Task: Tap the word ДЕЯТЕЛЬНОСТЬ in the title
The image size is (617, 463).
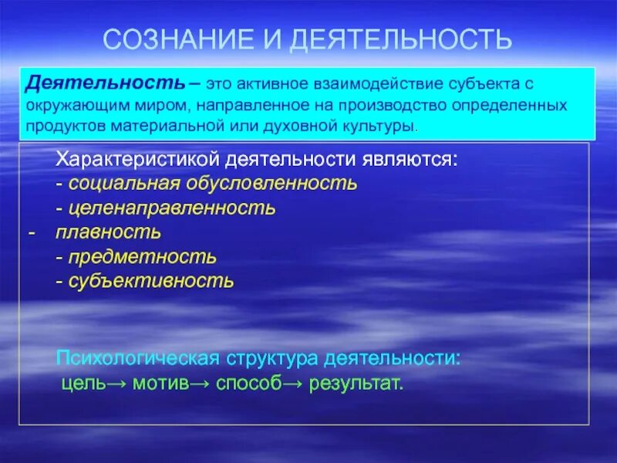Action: (x=400, y=39)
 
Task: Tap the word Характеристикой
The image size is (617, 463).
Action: (x=137, y=161)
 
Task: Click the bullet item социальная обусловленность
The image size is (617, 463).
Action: (x=212, y=184)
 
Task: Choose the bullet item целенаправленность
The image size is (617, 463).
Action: (x=171, y=208)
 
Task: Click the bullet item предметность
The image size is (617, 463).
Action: (x=142, y=256)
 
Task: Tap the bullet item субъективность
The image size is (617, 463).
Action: (x=150, y=280)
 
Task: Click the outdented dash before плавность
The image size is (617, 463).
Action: (x=31, y=232)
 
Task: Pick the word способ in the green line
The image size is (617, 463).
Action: (x=247, y=384)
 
